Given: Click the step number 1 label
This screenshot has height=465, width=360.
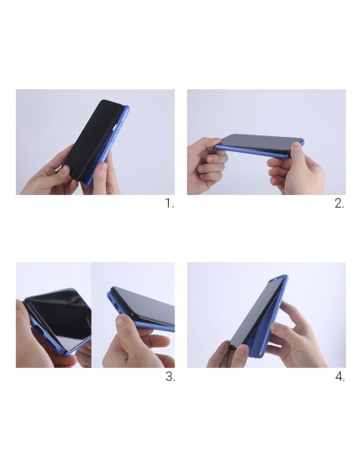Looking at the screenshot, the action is (170, 204).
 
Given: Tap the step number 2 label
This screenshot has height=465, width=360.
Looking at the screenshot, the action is (339, 204).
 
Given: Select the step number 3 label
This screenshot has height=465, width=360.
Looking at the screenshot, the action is (170, 377).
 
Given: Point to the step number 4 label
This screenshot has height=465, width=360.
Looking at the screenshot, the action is (340, 377).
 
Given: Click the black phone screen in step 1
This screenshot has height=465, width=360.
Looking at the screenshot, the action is (92, 139).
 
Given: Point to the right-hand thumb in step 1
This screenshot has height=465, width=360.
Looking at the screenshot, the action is (101, 174).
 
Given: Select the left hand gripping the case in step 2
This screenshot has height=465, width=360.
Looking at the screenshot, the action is (206, 165).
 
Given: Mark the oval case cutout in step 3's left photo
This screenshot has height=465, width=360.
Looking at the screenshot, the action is (37, 330).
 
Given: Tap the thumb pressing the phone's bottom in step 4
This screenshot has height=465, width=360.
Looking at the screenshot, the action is (241, 354).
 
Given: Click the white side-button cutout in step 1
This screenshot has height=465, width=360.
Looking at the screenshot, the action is (115, 128).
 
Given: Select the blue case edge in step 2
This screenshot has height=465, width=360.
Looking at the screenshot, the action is (252, 151).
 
